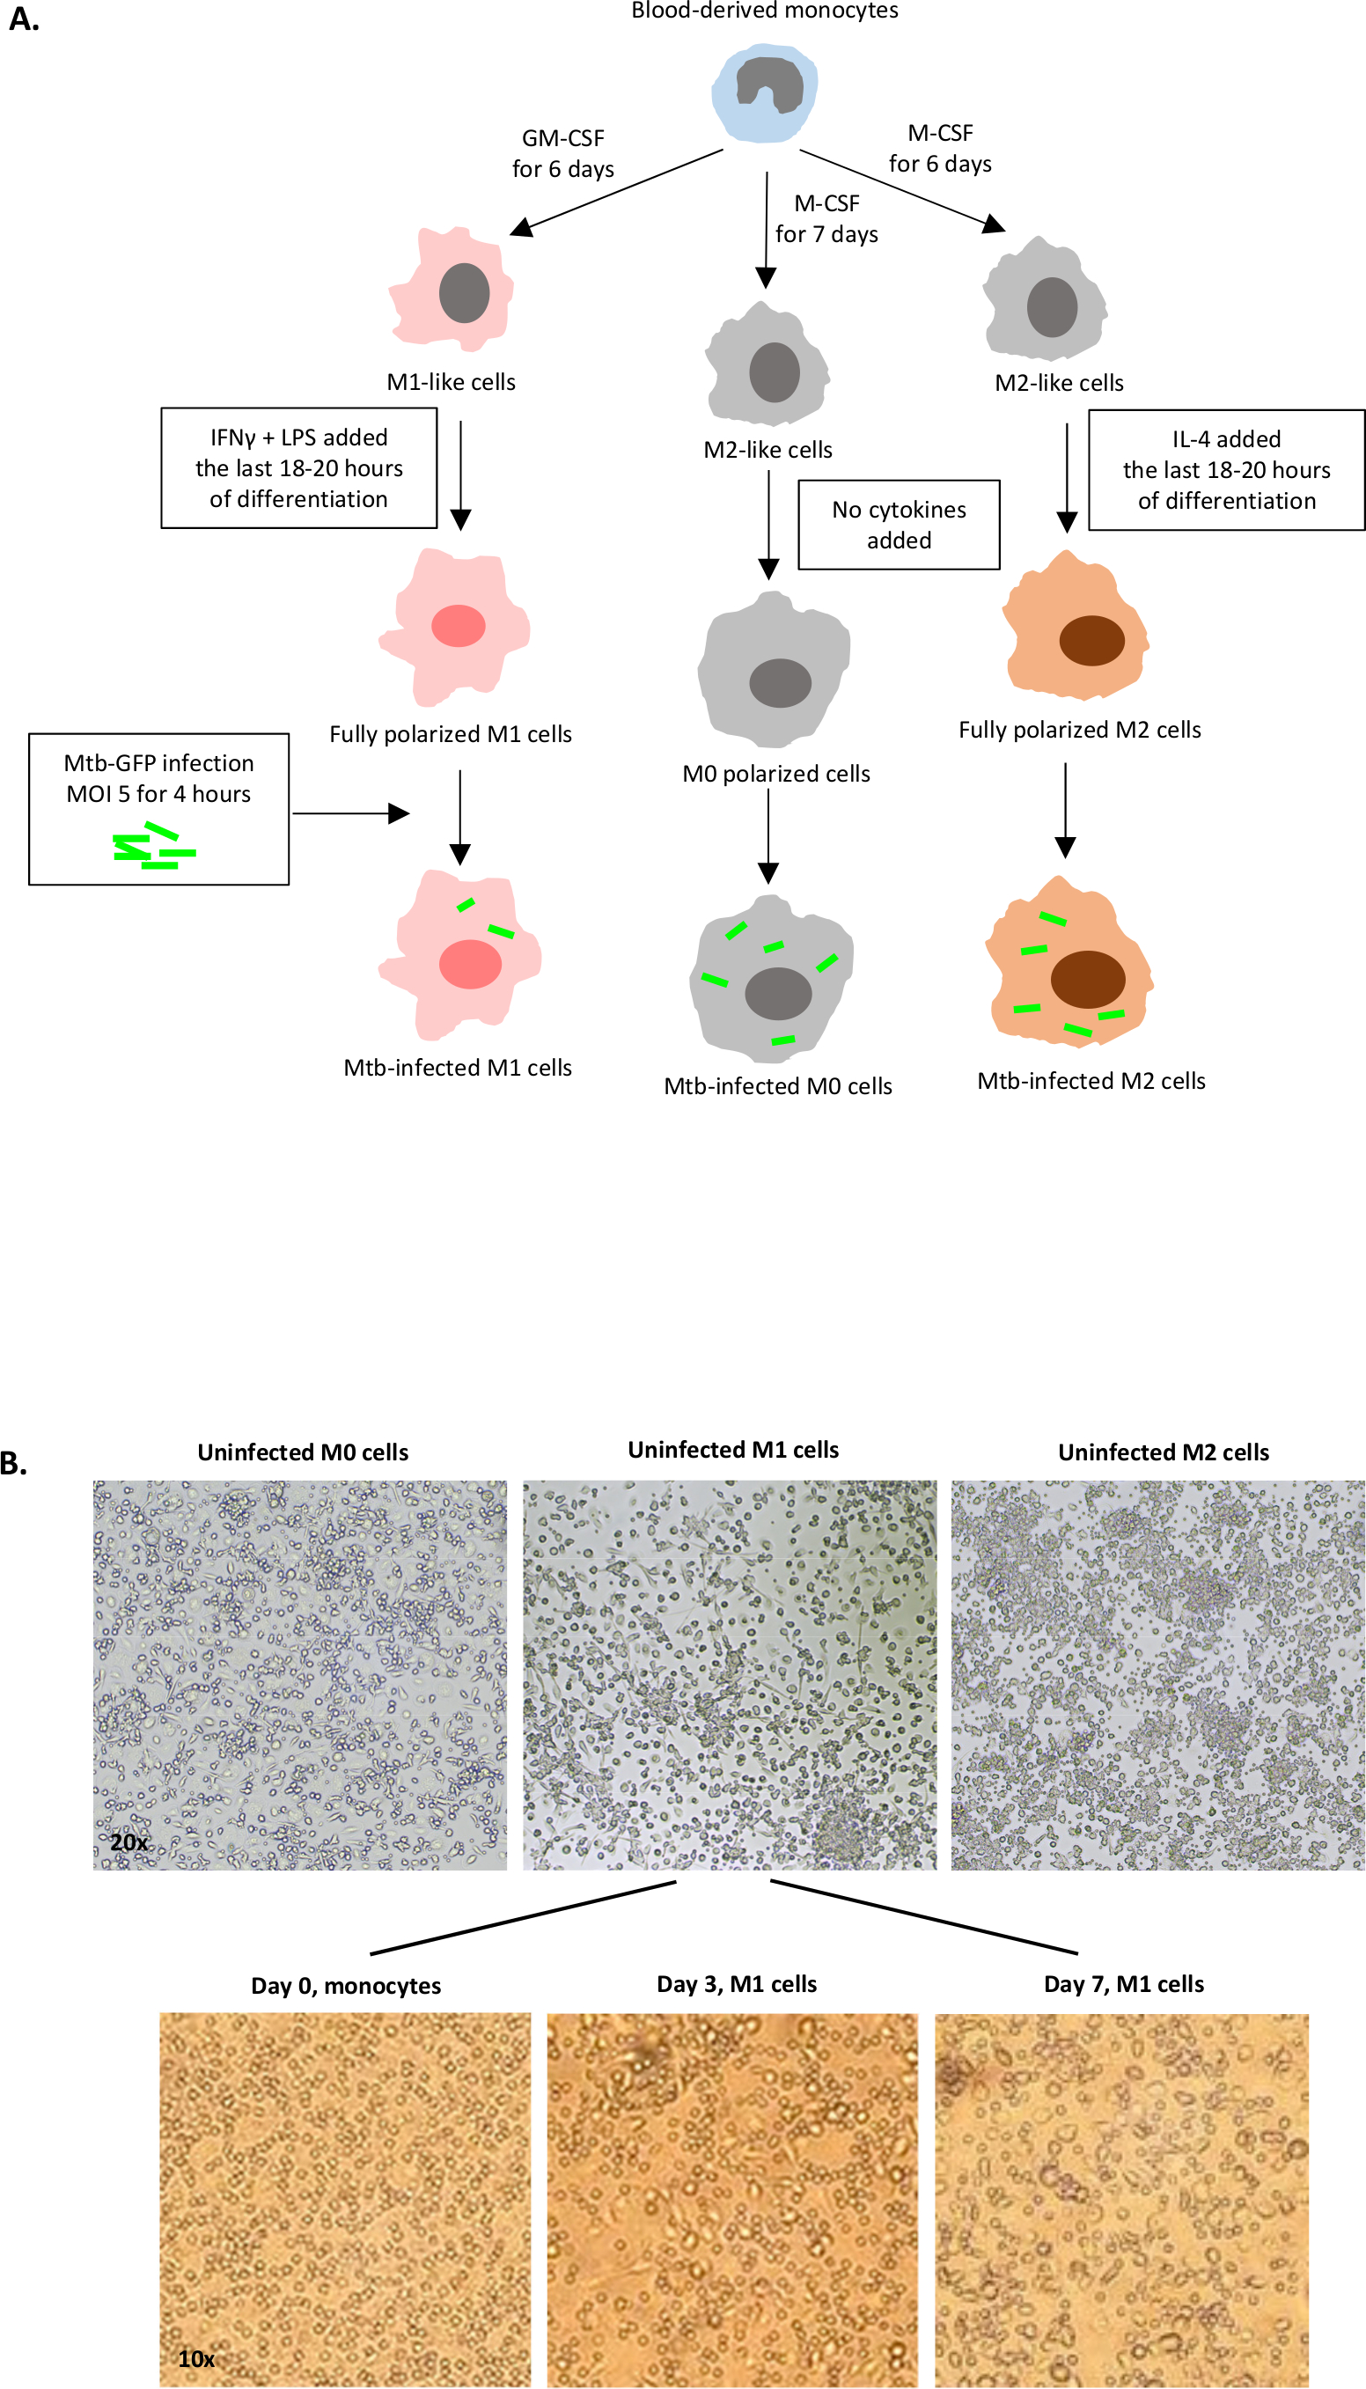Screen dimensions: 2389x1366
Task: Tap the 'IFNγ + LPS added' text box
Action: (298, 467)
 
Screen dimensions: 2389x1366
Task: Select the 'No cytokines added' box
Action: (898, 525)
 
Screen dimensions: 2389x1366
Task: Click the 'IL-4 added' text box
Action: (1225, 469)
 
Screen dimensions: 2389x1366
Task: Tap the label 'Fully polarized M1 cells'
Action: (451, 734)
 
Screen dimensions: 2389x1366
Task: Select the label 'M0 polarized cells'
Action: (776, 773)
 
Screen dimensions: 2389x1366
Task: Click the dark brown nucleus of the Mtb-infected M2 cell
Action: (1087, 979)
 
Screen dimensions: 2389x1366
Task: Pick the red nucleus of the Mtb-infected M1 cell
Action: (470, 964)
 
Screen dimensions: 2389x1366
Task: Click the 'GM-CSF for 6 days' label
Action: (563, 153)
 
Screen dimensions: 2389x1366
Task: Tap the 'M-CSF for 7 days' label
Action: (826, 217)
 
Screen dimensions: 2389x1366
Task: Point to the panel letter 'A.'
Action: (24, 19)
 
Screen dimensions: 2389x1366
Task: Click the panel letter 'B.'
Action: (14, 1463)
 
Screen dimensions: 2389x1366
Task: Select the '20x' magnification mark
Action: (129, 1842)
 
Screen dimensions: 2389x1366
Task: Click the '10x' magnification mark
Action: (196, 2359)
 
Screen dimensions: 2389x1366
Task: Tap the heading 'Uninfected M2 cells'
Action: (1163, 1452)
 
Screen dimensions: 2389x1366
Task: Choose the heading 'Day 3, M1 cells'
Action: (737, 1983)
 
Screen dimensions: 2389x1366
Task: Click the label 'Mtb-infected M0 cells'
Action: (778, 1085)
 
